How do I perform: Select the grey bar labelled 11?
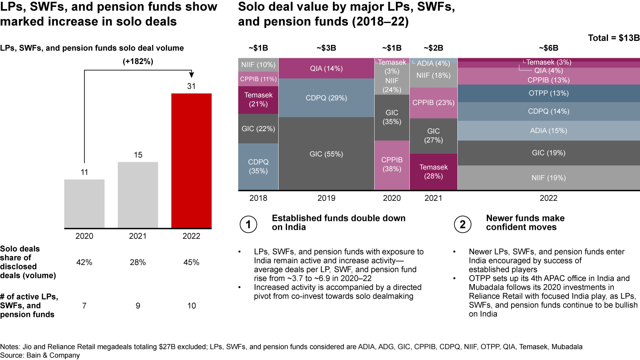(x=84, y=204)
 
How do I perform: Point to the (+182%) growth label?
(x=138, y=62)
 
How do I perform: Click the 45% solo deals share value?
(x=191, y=262)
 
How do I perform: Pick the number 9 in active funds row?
(x=138, y=306)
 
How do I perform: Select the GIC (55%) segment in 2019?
(x=326, y=154)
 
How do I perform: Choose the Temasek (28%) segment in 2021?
(x=433, y=172)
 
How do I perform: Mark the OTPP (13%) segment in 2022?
(x=548, y=93)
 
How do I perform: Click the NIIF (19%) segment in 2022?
(x=548, y=178)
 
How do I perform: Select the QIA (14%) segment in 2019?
(x=326, y=68)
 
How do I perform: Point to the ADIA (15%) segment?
(x=548, y=131)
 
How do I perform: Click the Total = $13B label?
(x=613, y=38)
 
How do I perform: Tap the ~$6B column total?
(x=548, y=48)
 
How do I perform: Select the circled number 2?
(x=462, y=225)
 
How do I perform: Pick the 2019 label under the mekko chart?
(x=326, y=198)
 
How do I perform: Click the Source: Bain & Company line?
(x=40, y=355)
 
